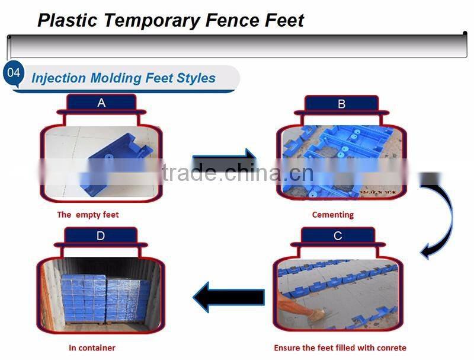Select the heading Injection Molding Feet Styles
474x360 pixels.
pos(123,78)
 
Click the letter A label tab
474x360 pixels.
pos(101,103)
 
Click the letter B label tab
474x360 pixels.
pos(341,104)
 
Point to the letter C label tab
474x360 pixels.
pos(338,236)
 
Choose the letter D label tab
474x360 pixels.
pos(101,236)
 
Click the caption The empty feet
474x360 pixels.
pos(88,215)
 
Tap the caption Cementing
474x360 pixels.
pos(332,215)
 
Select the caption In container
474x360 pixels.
pos(92,348)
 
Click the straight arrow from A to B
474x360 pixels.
pos(223,164)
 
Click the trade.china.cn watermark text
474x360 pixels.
pos(237,173)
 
